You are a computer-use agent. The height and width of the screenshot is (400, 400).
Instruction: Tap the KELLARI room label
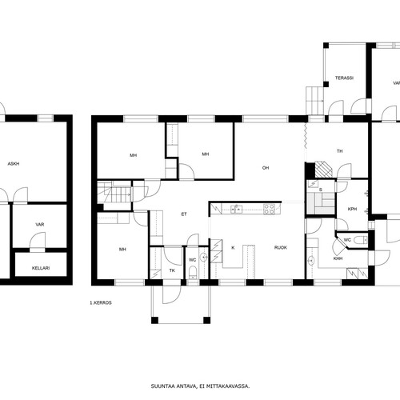41,268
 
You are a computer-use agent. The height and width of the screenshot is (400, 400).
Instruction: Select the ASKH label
14,164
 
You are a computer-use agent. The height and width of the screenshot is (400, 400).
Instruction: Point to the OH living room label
266,168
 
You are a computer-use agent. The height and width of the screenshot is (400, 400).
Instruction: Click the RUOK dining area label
281,248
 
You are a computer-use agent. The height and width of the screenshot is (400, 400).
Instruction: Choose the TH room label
339,151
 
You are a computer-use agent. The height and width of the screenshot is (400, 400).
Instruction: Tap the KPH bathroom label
352,209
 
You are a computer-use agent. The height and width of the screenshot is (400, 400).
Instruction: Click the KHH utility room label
338,258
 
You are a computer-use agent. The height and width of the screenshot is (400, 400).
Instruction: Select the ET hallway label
184,214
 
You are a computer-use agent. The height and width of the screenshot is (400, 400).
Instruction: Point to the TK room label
172,270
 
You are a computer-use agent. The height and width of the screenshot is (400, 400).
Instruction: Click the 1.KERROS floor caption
101,303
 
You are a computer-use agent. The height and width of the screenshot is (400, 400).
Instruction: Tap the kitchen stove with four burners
269,209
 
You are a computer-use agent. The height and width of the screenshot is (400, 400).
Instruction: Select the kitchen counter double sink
237,210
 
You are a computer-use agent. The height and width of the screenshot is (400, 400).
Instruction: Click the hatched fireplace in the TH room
324,170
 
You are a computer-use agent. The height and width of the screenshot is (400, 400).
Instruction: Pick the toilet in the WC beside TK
193,272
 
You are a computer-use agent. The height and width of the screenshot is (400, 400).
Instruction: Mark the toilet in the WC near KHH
360,240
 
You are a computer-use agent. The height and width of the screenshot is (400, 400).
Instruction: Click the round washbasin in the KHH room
310,260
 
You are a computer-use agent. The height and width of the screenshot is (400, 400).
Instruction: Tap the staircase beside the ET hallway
114,191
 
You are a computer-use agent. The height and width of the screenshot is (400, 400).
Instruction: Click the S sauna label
321,190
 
